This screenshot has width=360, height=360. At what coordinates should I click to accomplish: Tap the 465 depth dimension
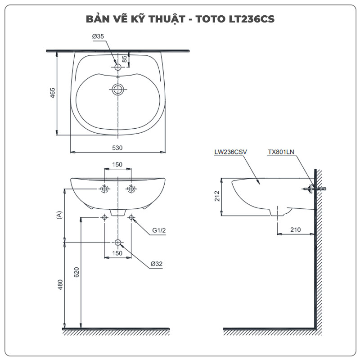pos(53,94)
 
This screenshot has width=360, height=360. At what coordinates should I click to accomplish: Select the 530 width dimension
pos(118,148)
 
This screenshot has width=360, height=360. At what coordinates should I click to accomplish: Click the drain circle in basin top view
pos(118,89)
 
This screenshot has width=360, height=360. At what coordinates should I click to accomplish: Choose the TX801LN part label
pos(281,153)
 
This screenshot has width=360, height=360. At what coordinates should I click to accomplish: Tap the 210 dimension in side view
pos(295,230)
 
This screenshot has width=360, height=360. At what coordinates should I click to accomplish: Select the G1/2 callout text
pos(159,230)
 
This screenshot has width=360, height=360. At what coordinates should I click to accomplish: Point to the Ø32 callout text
pos(157,264)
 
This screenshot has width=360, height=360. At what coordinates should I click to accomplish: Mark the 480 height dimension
pos(60,284)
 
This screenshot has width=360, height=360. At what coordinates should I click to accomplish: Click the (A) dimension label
pos(59,215)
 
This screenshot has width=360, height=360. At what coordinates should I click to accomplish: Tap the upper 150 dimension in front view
pos(117,165)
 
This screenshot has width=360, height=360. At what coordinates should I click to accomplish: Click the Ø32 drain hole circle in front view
pos(118,242)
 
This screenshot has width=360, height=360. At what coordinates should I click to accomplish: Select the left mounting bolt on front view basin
pos(104,189)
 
